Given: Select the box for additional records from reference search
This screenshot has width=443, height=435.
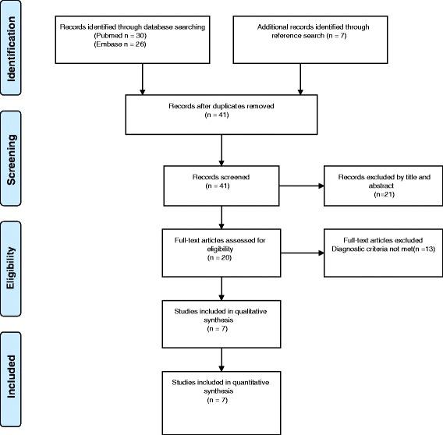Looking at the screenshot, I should pyautogui.click(x=301, y=36).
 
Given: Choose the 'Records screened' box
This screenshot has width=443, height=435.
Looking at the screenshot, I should pyautogui.click(x=221, y=185).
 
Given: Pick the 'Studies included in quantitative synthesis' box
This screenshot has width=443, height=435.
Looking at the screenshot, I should pyautogui.click(x=221, y=389).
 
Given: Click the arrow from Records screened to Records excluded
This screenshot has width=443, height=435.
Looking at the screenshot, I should pyautogui.click(x=301, y=186).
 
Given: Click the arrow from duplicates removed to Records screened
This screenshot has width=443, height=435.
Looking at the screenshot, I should pyautogui.click(x=221, y=150).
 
